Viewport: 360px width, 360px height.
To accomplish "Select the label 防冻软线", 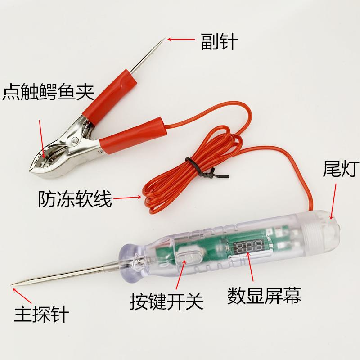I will (x=75, y=198).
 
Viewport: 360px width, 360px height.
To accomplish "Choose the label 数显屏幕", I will (x=264, y=296).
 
